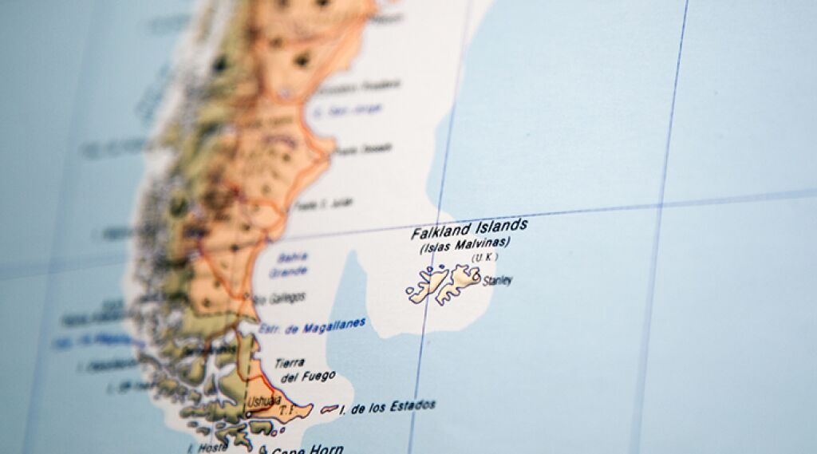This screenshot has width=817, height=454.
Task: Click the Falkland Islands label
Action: coord(468,230)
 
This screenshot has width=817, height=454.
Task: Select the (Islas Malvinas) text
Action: coord(464,245)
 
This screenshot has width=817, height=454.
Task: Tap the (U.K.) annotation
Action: coord(483,257)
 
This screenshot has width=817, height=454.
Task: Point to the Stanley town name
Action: coord(497,281)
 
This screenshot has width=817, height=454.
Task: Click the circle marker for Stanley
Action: coord(477,278)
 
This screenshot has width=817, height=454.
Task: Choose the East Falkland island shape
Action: coord(460,281)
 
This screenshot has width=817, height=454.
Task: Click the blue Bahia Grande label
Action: coord(291,264)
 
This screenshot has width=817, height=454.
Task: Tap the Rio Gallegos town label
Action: coord(277,298)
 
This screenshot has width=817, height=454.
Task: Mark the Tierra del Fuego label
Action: coord(303,370)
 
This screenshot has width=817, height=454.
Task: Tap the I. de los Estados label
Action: coord(387,407)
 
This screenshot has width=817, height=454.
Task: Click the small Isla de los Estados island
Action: coord(329,409)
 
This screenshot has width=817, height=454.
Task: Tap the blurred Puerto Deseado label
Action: coord(363,149)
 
